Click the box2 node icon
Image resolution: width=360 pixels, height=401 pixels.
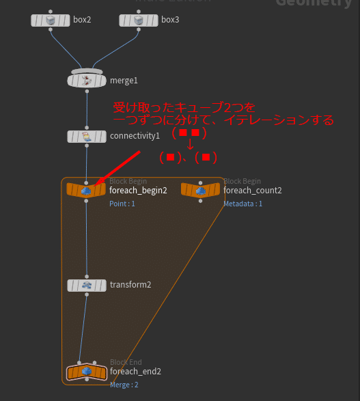(x=50, y=20)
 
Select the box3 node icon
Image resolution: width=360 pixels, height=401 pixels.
(x=138, y=20)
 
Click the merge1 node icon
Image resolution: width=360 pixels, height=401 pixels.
(x=87, y=81)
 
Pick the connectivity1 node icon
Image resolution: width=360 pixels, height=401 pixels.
(x=87, y=136)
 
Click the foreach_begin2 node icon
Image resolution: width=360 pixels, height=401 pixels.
(x=86, y=191)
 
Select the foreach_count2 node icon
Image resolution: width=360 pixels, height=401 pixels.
(x=200, y=191)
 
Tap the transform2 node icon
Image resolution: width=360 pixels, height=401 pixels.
(x=86, y=285)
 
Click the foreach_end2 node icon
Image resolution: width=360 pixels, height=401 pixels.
(x=87, y=372)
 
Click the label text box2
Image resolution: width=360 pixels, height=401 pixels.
(x=82, y=20)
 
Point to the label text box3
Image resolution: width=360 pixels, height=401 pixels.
(x=169, y=20)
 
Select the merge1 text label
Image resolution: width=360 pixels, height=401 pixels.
(x=124, y=81)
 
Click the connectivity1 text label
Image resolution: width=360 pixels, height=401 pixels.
(x=135, y=136)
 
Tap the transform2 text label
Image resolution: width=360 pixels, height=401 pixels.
(x=130, y=285)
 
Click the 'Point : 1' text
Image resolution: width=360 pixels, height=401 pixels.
(x=122, y=204)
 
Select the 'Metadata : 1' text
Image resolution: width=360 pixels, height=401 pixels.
(x=243, y=204)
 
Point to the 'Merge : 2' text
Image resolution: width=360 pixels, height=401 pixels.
(x=124, y=385)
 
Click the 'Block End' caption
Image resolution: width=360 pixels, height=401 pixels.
(x=126, y=362)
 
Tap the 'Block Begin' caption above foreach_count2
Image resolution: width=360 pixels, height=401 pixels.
(x=243, y=181)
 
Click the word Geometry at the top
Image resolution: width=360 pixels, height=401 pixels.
(x=314, y=3)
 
